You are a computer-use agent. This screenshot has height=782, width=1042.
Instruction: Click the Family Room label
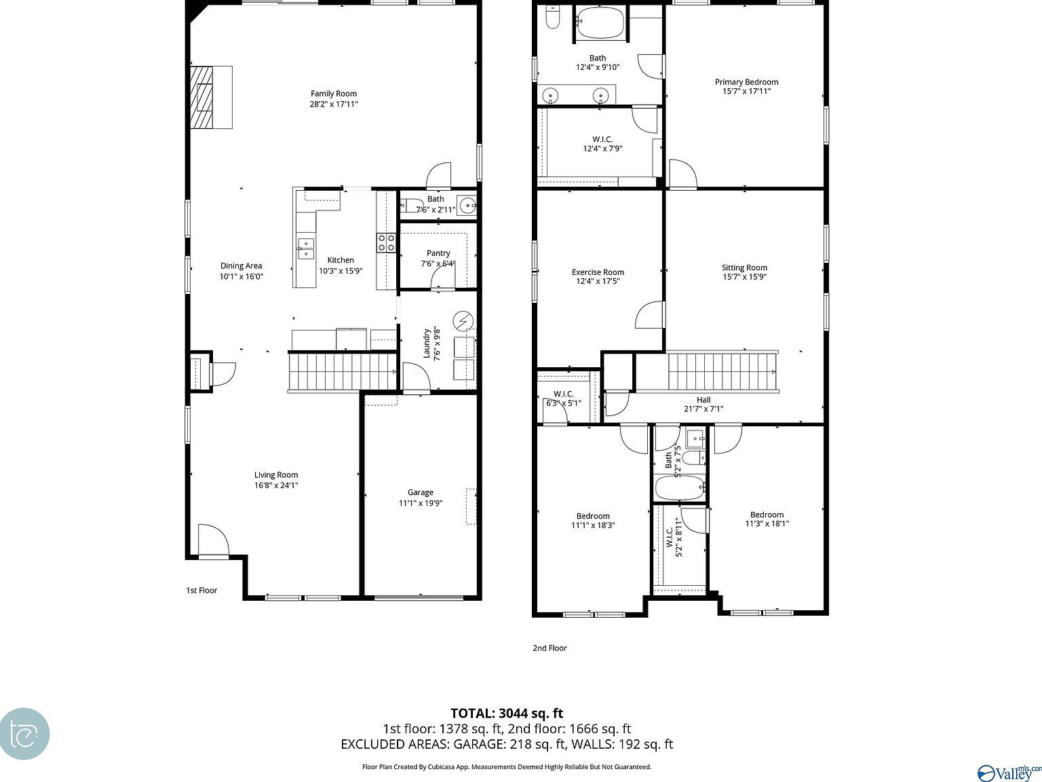334,94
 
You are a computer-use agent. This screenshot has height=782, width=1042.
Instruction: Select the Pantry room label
438,253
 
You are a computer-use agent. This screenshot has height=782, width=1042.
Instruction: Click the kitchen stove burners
387,242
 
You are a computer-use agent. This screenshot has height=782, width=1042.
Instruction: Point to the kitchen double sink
305,248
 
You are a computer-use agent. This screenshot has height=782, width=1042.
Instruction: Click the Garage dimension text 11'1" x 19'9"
421,503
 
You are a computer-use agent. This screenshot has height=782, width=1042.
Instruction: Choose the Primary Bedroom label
746,82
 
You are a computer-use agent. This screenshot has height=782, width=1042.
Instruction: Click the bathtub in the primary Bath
600,24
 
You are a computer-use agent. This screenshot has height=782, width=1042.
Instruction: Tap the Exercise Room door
649,316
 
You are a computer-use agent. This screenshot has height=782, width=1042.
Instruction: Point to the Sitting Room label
744,267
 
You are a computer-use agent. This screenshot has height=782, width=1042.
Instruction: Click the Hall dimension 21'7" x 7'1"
703,409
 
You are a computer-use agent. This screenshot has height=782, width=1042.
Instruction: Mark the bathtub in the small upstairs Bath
680,487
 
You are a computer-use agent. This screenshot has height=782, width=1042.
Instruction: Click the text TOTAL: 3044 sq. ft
507,713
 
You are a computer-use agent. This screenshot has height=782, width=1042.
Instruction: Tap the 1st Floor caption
201,591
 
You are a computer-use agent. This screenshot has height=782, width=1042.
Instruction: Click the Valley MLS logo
1008,772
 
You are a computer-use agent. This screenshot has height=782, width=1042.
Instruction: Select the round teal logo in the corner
24,734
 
